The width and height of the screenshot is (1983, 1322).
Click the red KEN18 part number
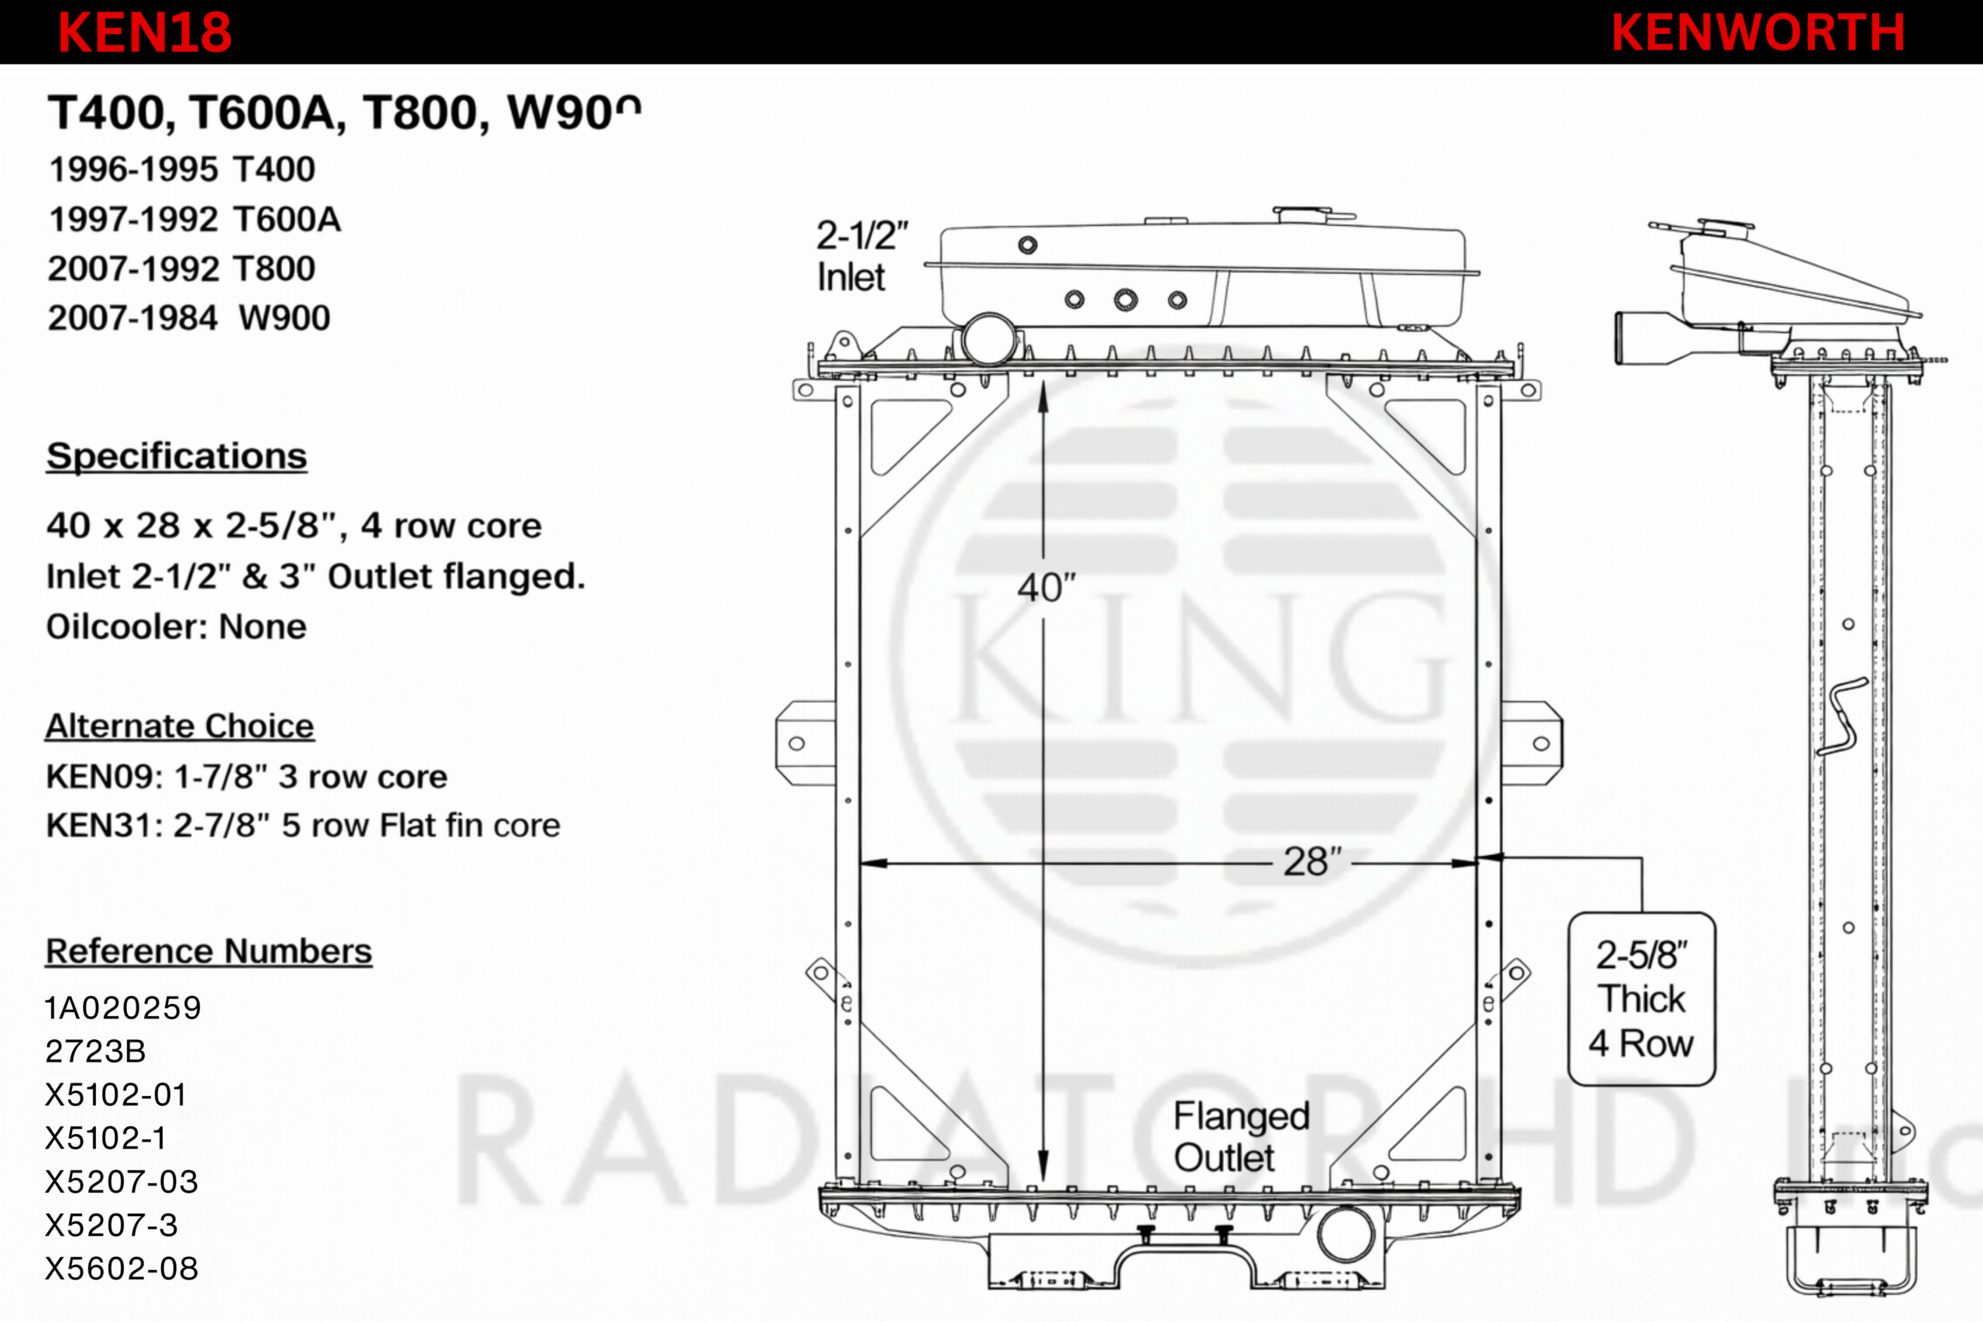click(x=144, y=32)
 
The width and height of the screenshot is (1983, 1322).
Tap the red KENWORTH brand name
click(x=1758, y=32)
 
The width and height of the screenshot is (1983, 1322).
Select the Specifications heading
click(x=176, y=456)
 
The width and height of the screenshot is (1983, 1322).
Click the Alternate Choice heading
click(x=180, y=726)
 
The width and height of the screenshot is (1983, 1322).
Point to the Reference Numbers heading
click(x=208, y=951)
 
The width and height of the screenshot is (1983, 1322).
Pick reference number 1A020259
click(x=123, y=1008)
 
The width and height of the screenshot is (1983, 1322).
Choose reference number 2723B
click(x=95, y=1052)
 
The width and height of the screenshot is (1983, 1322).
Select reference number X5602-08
click(x=122, y=1268)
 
